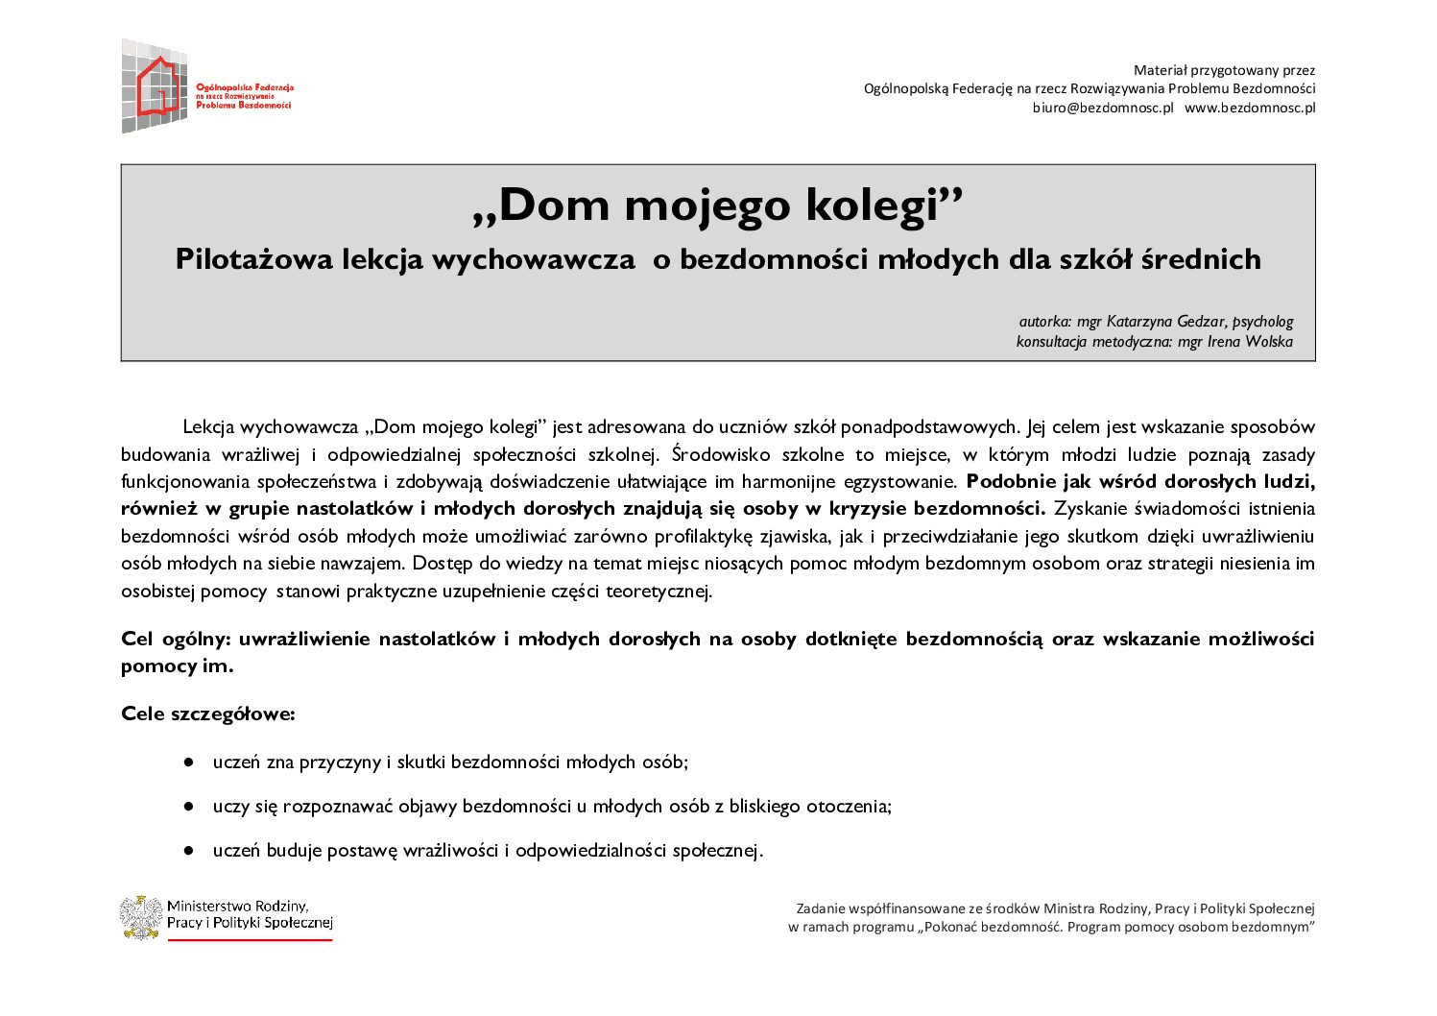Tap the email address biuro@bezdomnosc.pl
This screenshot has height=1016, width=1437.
tap(1103, 108)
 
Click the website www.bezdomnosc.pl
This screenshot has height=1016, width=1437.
tap(1250, 108)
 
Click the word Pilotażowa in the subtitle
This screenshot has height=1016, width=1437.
tap(254, 259)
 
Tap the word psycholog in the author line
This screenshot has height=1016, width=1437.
tap(1262, 322)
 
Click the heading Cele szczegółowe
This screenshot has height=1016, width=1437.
tap(208, 714)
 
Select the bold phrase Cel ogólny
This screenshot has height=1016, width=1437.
tap(176, 639)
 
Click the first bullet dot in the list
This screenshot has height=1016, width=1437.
tap(190, 762)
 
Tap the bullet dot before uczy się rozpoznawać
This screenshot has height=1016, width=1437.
tap(190, 807)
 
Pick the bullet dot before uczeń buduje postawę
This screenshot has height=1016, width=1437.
tap(190, 851)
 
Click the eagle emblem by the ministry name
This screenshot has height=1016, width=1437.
tap(141, 917)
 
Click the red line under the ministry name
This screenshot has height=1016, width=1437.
tap(250, 939)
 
